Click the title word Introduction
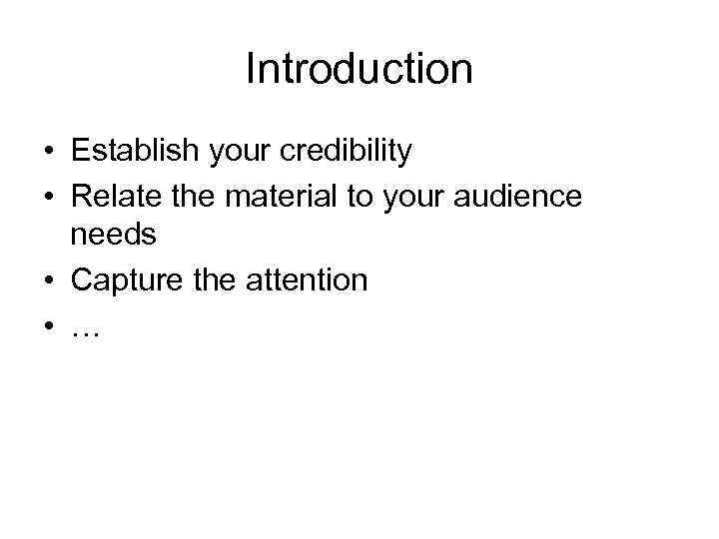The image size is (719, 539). click(359, 69)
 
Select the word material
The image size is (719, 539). click(282, 197)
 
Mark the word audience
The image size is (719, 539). click(519, 197)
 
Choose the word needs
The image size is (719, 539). click(114, 235)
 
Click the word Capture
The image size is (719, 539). click(127, 281)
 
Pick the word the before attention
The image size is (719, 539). click(215, 280)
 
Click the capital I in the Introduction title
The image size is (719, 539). click(250, 69)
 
